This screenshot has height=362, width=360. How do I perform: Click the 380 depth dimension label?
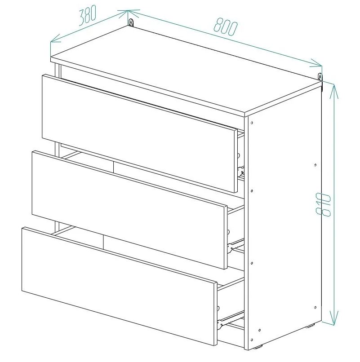point(87,15)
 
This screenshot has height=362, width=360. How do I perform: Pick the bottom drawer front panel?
point(120,287)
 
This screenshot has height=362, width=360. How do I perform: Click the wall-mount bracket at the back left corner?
point(131,22)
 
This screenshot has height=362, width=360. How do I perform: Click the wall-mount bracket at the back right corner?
point(320,77)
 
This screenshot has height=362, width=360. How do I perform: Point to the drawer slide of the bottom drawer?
point(231,319)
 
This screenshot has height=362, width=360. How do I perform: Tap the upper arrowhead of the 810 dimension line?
point(333,92)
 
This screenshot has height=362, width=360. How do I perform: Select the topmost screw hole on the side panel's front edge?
point(252,123)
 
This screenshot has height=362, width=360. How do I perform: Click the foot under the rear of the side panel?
point(311,326)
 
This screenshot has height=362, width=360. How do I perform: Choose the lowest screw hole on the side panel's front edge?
point(252,340)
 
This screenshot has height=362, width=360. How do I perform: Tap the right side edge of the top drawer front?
point(236,161)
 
